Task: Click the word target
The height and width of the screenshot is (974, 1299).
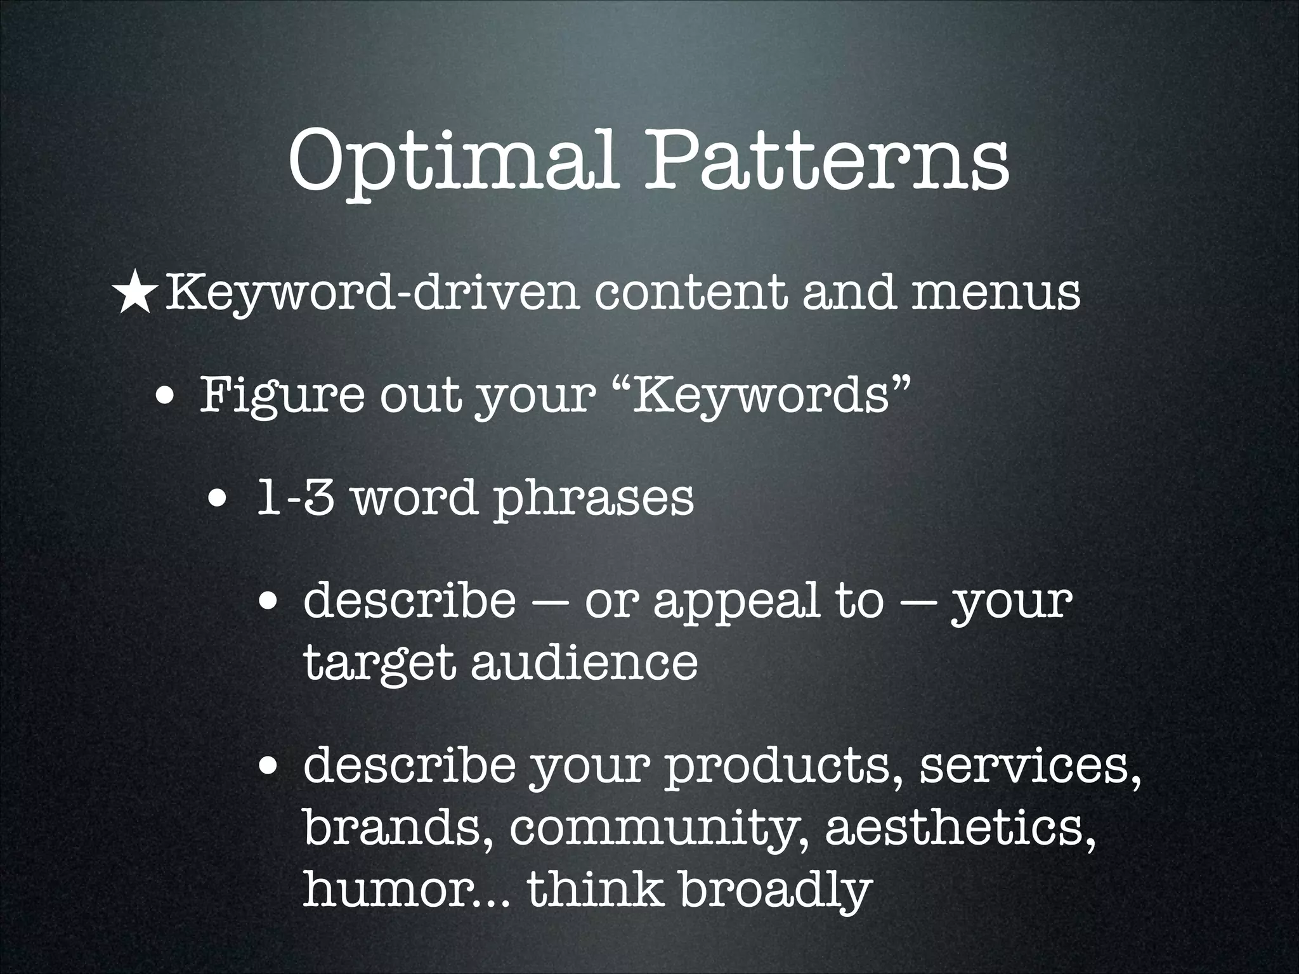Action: pyautogui.click(x=379, y=663)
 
